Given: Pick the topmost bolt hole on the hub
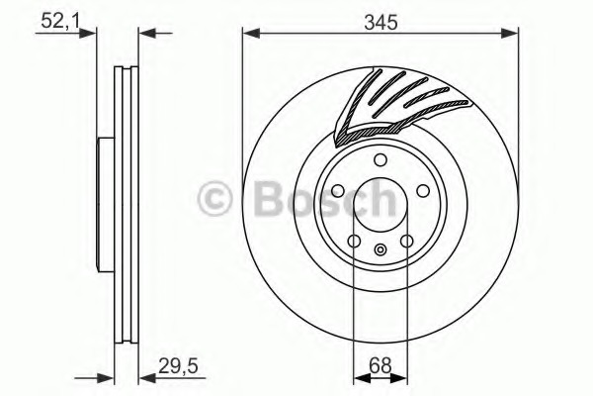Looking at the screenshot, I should [381, 162].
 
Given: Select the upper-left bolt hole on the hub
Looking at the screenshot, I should [338, 191].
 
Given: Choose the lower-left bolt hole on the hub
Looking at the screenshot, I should [355, 241].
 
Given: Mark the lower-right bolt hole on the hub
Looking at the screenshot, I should [406, 241].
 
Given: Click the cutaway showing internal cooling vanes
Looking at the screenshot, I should [381, 104].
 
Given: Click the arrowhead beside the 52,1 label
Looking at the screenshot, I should [91, 35].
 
